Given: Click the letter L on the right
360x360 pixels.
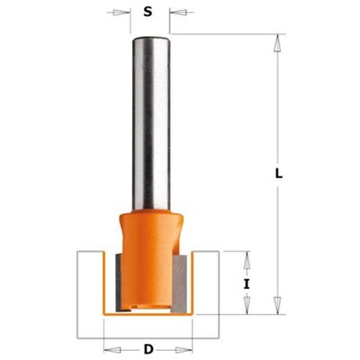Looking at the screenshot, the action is click(279, 174).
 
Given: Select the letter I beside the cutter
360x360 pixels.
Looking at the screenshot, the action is click(247, 283).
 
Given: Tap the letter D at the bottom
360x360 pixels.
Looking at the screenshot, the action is click(148, 349).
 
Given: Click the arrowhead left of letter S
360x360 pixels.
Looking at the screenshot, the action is click(119, 13).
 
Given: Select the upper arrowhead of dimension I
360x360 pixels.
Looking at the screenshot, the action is click(247, 261).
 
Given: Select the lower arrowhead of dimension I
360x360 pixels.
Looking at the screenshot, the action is click(247, 304).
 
